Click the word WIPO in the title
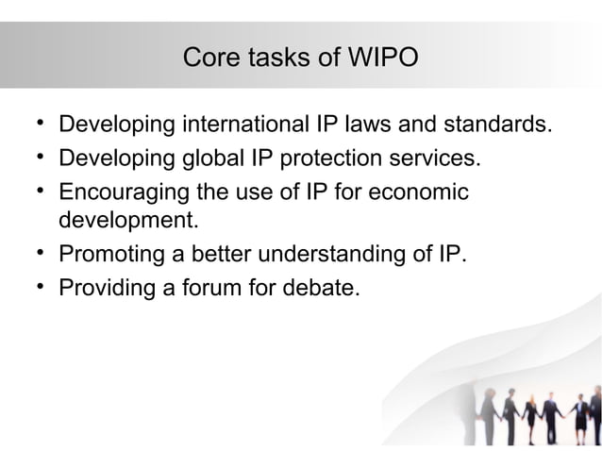tap(381, 58)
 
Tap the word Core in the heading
tap(208, 58)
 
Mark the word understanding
tap(342, 255)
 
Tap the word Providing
tap(107, 287)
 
